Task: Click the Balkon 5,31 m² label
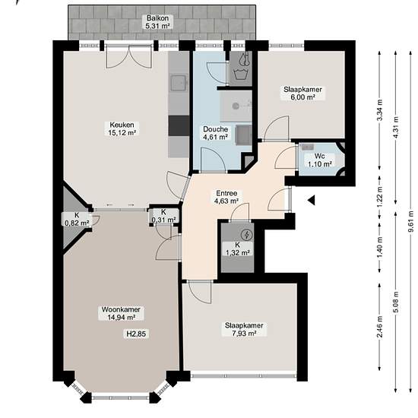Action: [158, 22]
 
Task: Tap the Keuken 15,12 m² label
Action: [122, 128]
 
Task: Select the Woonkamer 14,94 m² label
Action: [121, 313]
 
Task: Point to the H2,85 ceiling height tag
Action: [136, 334]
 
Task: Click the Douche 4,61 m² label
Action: [215, 133]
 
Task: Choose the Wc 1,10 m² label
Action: [320, 160]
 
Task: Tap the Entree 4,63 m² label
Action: [226, 197]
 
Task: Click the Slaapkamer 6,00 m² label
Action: [302, 93]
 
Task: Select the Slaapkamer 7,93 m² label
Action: [244, 329]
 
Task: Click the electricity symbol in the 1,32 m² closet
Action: [246, 235]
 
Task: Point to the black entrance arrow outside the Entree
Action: [311, 200]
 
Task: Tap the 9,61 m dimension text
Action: [411, 221]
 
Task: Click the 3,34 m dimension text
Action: [380, 110]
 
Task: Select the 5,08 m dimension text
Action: [396, 302]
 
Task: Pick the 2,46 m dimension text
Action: [380, 327]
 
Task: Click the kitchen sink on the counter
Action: [179, 83]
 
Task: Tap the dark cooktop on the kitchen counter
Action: [179, 125]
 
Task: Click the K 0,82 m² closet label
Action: [77, 219]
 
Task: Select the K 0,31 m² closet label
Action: [163, 216]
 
